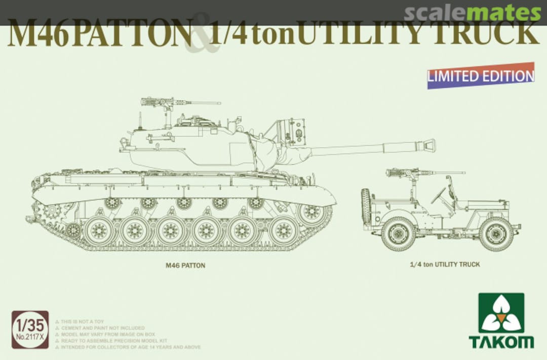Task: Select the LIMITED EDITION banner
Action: click(x=480, y=76)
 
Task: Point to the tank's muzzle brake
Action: click(x=428, y=145)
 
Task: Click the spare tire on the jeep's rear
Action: click(x=366, y=208)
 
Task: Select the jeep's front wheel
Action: click(x=496, y=234)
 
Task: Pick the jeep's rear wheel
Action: click(x=399, y=234)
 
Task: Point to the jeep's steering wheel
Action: click(x=439, y=195)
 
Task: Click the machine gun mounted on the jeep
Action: click(x=405, y=173)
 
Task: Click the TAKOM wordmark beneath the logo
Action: click(x=501, y=341)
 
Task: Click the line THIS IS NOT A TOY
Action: click(x=84, y=322)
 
